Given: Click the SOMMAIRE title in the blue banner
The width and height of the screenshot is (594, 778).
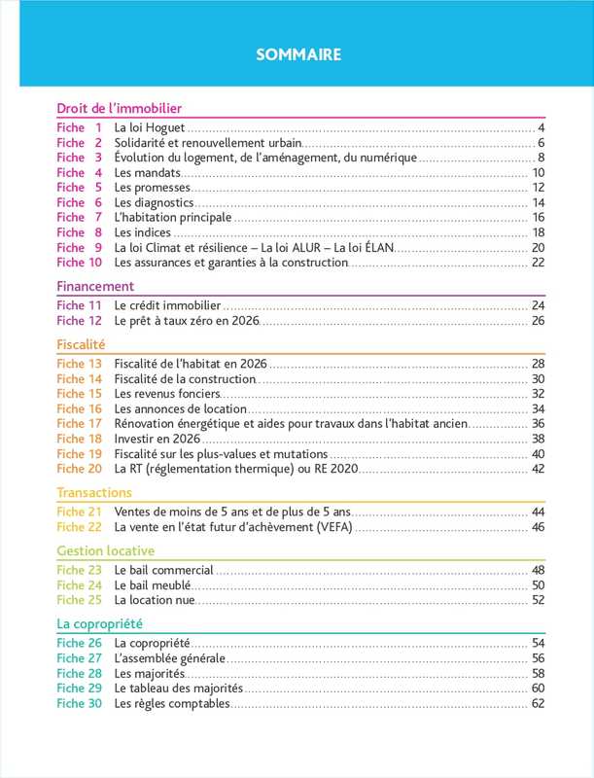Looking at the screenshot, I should (298, 54).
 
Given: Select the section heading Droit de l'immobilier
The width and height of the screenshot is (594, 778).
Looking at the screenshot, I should (121, 109).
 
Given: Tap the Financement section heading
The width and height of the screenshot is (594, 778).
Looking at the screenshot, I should (95, 287).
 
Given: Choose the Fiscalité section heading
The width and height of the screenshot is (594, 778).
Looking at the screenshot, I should (81, 344).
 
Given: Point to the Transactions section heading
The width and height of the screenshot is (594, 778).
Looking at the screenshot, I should (94, 492).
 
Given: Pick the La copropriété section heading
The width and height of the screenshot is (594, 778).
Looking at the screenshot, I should (100, 623).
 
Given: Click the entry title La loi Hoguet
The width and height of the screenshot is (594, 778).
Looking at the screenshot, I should (149, 128).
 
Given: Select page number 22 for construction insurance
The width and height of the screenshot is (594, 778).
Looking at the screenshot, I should (538, 262).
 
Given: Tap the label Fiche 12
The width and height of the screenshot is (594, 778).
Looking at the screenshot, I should (79, 320).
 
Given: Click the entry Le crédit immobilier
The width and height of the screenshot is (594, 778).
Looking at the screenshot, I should (168, 305).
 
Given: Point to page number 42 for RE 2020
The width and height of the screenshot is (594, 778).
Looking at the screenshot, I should (538, 469).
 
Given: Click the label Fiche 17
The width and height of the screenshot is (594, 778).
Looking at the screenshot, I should (79, 423).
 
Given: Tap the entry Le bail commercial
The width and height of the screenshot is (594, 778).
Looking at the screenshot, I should (163, 570).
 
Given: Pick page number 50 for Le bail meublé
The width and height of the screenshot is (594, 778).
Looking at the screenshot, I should (538, 585).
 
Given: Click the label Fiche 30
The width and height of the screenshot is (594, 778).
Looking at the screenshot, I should (79, 703).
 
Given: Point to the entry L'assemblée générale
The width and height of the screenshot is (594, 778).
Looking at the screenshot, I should (170, 658).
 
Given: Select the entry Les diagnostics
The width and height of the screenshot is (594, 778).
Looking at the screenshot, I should (154, 202).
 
